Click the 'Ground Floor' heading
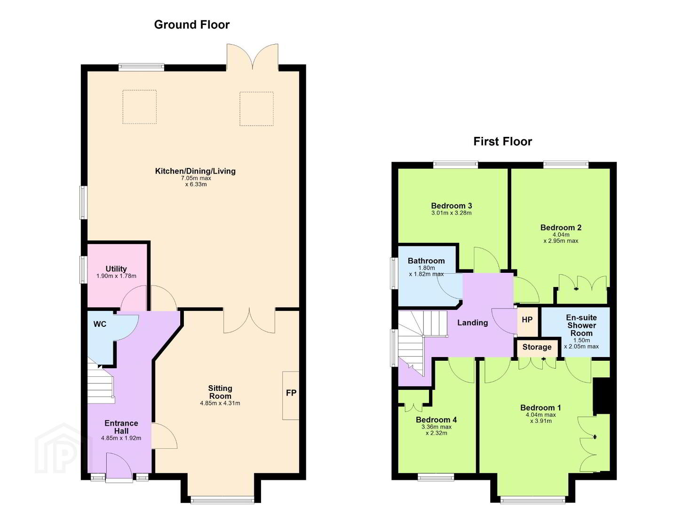191,24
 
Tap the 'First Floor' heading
503,142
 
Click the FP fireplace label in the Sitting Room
291,393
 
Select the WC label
100,324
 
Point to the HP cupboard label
527,320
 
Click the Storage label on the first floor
537,347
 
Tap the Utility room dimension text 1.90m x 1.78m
116,276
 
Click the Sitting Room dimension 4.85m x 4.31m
220,403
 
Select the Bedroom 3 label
452,206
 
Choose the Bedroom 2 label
561,228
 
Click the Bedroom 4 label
436,420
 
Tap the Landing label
472,323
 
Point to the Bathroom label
426,261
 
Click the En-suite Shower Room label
581,325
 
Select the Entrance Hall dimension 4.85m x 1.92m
121,438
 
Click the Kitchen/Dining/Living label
195,171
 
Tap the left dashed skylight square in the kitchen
140,107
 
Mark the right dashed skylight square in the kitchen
257,109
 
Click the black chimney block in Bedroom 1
602,396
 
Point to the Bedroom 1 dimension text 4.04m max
540,415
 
